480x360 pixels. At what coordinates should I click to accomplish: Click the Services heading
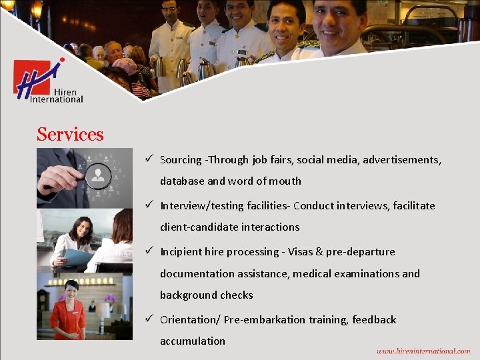70,135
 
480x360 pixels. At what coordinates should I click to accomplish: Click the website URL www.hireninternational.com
423,351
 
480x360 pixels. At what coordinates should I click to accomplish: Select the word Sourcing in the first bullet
181,160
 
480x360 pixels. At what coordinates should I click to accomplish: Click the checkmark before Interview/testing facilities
150,205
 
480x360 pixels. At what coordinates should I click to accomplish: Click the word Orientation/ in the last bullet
189,320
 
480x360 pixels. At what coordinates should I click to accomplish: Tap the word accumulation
193,341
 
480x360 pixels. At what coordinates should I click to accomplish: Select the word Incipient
183,252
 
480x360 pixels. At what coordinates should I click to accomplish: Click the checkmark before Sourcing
150,159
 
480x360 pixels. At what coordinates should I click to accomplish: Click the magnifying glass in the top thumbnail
99,175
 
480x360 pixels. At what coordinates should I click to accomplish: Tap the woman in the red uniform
69,310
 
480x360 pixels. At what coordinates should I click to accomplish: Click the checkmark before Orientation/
150,319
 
